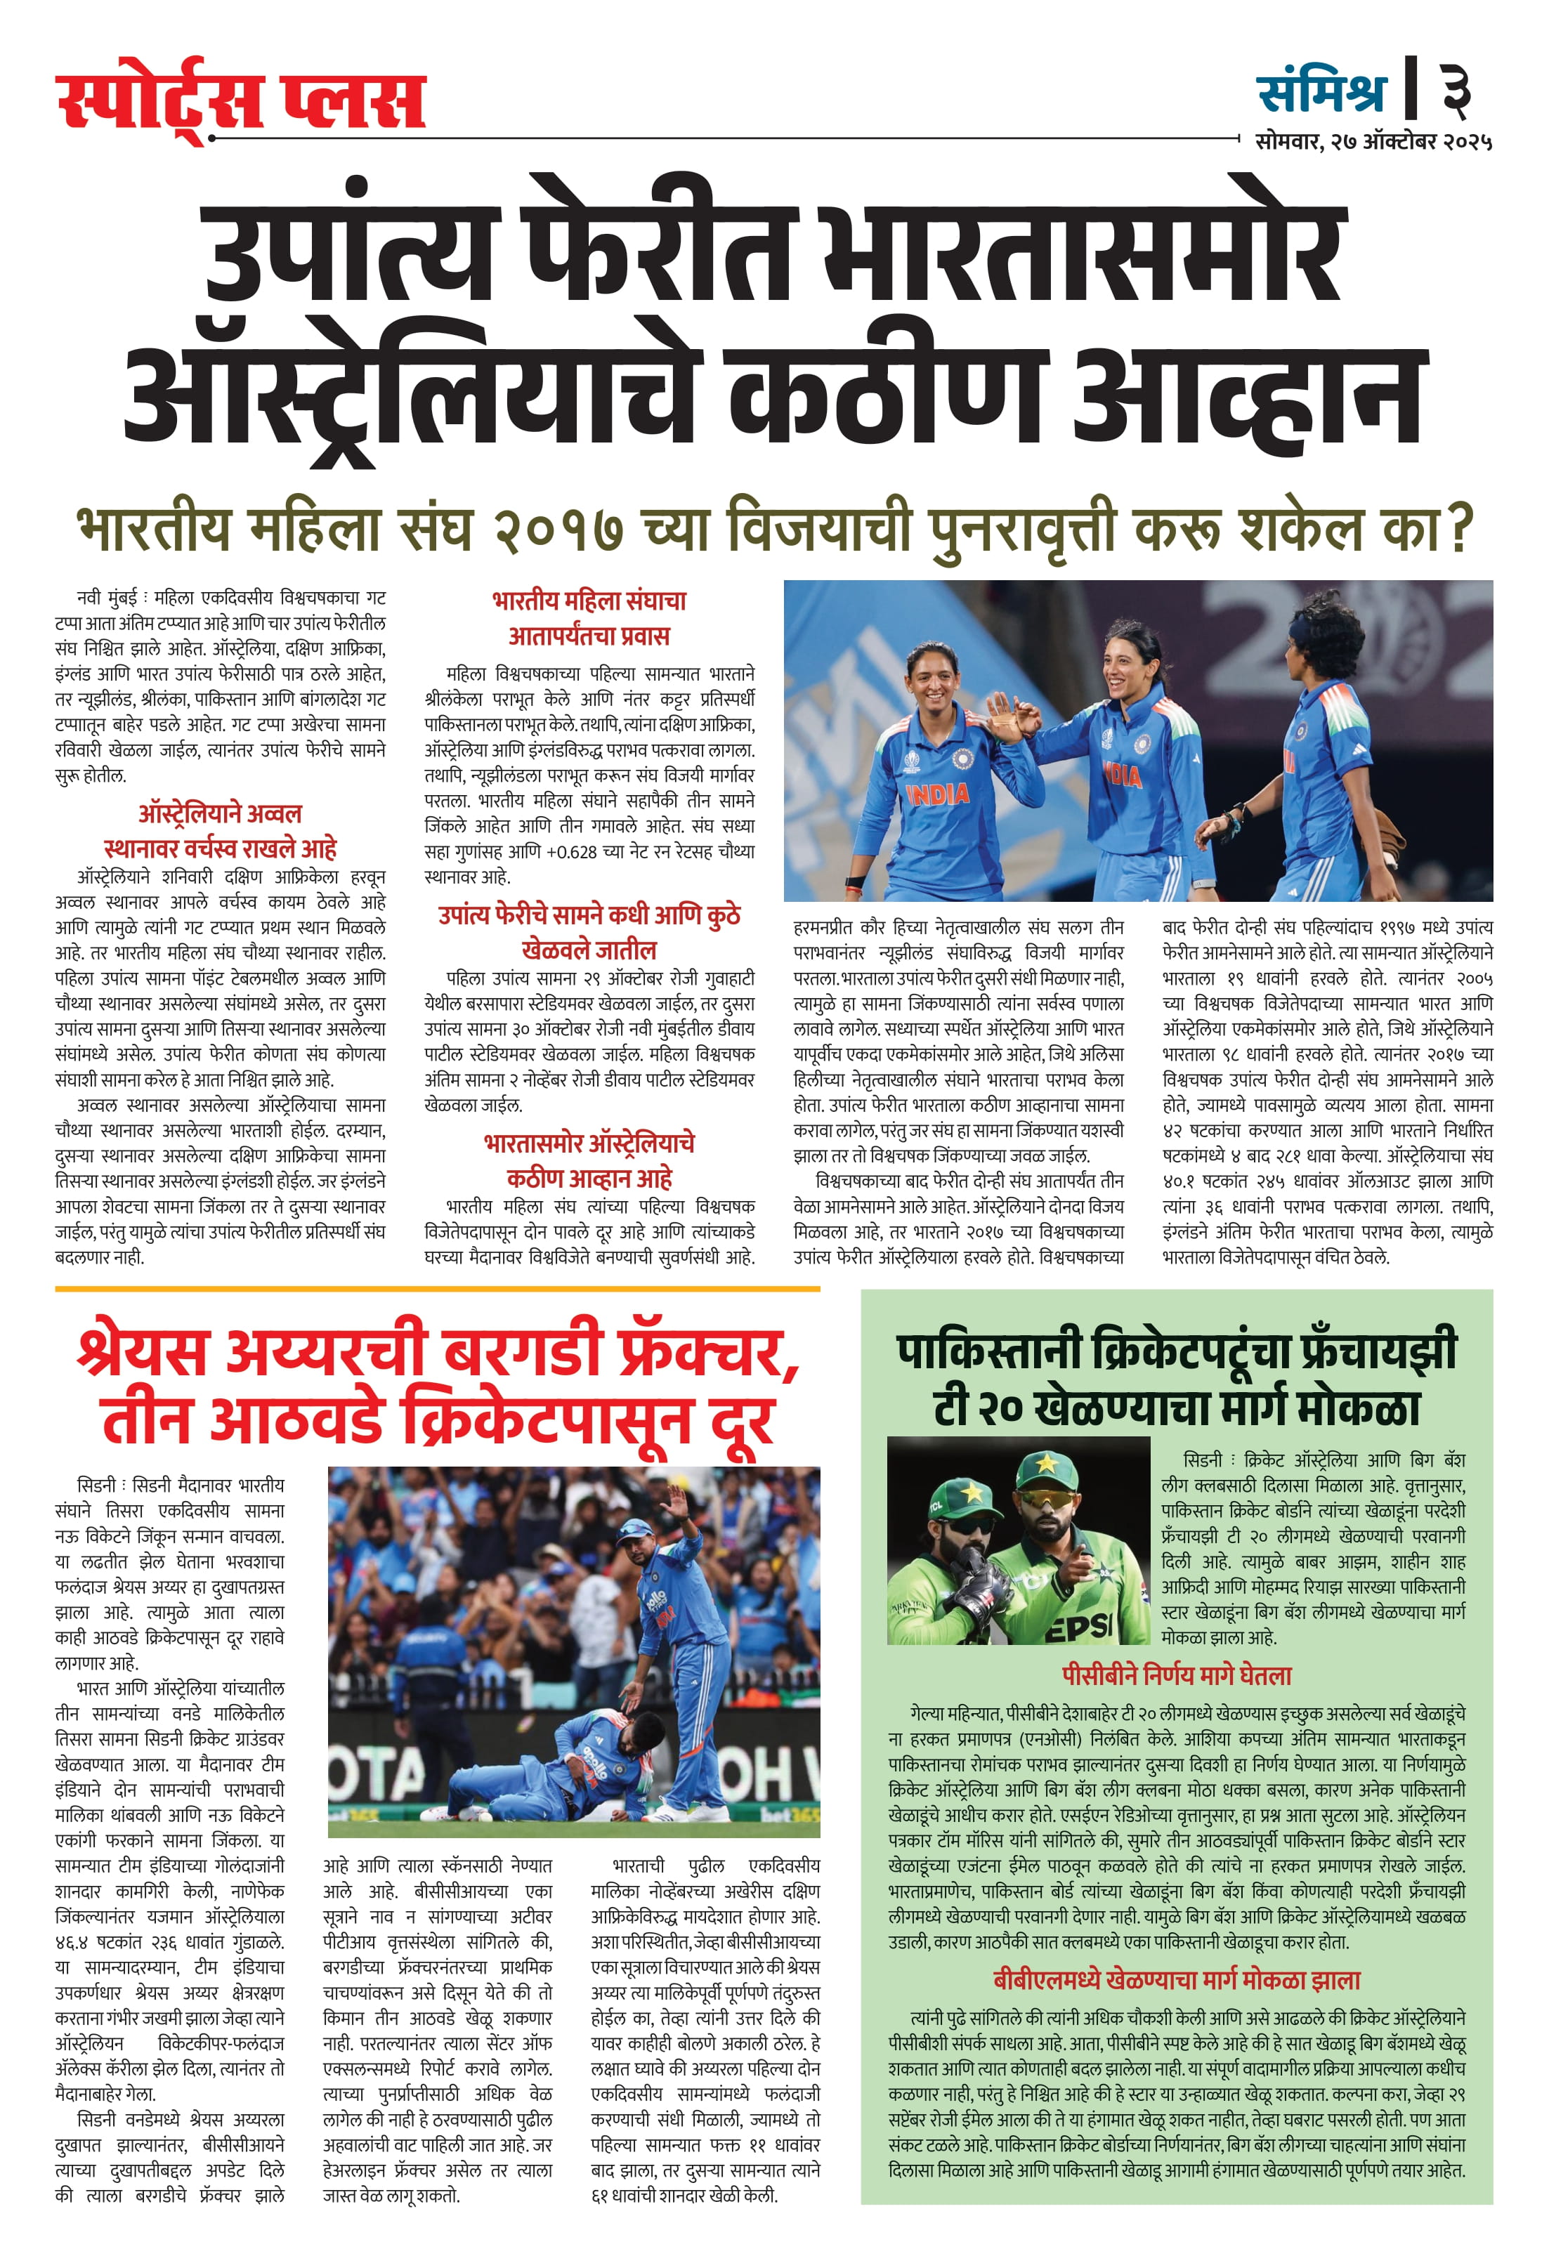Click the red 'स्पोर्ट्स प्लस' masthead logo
240,101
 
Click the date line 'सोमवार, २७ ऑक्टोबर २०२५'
1373,141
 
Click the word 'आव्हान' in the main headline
1249,394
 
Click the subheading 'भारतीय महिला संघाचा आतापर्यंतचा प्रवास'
589,617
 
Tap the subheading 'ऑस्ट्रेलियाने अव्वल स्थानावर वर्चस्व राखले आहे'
220,830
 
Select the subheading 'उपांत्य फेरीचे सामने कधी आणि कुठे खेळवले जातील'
589,932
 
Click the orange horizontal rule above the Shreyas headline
436,1289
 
